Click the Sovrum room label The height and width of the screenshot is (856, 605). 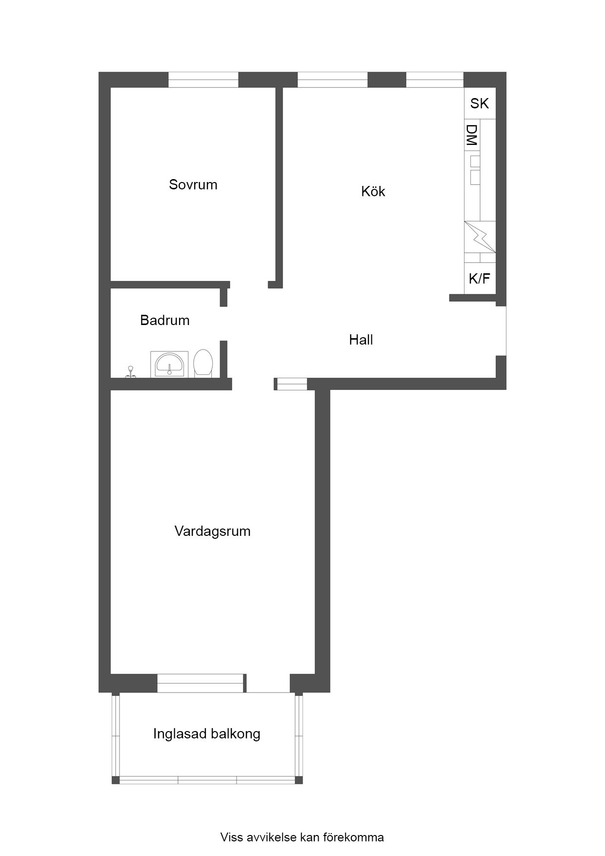[x=193, y=184]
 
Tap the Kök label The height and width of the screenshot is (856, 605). [x=373, y=191]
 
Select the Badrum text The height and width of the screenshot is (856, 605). [x=165, y=320]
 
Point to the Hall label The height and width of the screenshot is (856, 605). [x=361, y=340]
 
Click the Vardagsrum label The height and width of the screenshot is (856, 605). [x=213, y=531]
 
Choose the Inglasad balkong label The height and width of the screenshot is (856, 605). [x=207, y=734]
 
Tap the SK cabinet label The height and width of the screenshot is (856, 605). [x=480, y=103]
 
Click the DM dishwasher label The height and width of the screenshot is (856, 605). [x=472, y=135]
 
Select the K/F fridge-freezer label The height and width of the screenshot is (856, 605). [x=480, y=279]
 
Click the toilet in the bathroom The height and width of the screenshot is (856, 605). [x=203, y=363]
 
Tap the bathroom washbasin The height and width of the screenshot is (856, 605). [x=169, y=364]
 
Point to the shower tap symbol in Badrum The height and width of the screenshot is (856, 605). [x=130, y=372]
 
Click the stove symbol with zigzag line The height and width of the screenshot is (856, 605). [x=480, y=237]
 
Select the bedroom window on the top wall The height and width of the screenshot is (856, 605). [x=203, y=80]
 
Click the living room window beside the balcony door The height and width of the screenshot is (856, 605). [x=201, y=683]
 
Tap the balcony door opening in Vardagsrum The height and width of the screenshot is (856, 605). [x=268, y=683]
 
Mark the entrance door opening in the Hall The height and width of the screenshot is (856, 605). [x=501, y=331]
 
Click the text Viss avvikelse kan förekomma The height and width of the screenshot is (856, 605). [x=302, y=837]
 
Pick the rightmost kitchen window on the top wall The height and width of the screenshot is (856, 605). [x=435, y=80]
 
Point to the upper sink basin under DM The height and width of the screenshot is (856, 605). [x=475, y=161]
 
